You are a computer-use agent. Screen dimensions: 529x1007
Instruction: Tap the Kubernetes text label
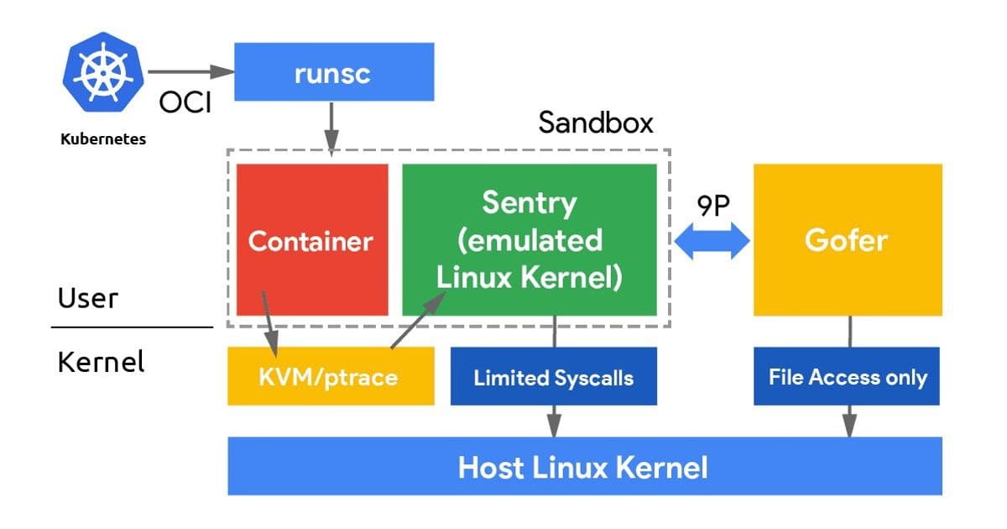103,139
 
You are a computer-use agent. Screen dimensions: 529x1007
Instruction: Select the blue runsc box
332,73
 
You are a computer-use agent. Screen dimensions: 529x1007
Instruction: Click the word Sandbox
595,123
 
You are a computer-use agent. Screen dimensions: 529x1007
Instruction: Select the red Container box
311,240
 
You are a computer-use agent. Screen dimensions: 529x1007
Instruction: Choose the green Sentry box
529,240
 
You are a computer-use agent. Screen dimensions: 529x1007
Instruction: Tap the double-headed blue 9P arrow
712,241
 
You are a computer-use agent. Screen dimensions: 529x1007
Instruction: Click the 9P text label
712,205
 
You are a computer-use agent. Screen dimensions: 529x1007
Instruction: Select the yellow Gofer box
847,240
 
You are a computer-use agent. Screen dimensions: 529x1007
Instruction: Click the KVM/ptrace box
331,376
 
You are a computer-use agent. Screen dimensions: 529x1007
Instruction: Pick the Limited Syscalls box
553,377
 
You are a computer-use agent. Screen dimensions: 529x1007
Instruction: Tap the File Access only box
848,376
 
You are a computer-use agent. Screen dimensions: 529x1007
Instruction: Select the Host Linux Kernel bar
584,466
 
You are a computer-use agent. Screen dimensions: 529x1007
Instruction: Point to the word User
88,298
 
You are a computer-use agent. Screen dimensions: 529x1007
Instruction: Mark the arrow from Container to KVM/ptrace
269,323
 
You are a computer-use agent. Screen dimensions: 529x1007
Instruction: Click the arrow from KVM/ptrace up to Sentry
415,322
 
